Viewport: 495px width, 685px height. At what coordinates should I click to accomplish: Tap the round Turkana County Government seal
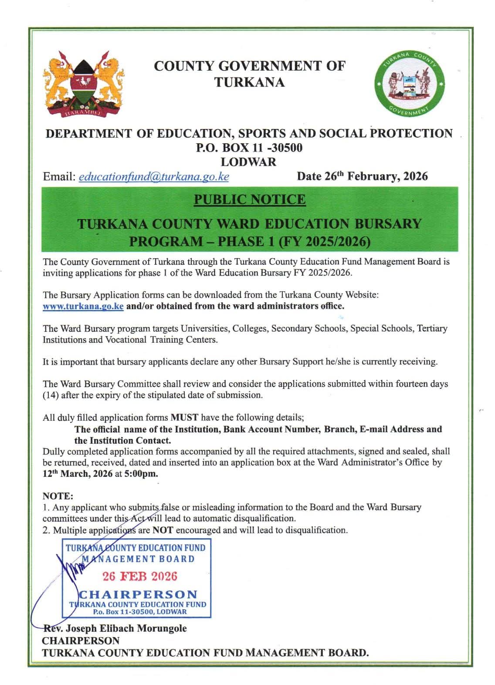pos(411,85)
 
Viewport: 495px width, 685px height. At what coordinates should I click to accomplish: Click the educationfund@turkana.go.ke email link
pos(154,176)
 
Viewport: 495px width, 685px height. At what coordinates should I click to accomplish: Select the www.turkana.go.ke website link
pos(83,306)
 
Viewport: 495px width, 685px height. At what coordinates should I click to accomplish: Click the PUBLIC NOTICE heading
pos(250,199)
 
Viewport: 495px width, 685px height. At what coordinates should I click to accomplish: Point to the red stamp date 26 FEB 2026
pos(140,576)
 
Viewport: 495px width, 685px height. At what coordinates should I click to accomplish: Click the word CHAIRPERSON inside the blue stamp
pos(138,594)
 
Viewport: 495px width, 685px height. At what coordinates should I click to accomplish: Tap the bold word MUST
pos(184,417)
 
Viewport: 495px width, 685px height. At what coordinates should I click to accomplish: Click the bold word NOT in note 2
pos(163,530)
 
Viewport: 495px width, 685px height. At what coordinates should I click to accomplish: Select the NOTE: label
pos(58,496)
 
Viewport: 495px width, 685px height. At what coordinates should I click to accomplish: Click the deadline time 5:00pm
pos(141,474)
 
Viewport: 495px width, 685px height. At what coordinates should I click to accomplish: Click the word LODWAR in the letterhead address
pos(248,162)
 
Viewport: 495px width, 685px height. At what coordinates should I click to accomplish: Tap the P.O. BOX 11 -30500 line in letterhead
pos(249,148)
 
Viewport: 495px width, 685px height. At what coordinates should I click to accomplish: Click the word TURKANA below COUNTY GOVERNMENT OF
pos(249,82)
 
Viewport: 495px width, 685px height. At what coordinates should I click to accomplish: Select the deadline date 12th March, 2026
pos(77,474)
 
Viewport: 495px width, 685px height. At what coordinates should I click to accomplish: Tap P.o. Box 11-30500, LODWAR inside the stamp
pos(139,611)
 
